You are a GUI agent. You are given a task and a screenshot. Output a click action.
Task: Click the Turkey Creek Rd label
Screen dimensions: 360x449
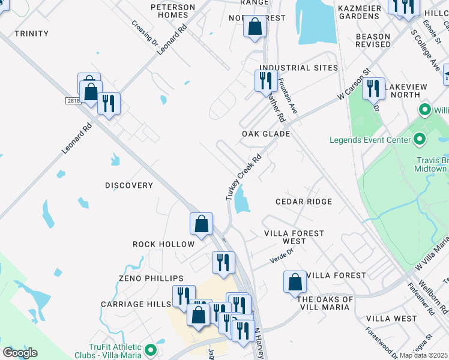pyautogui.click(x=244, y=178)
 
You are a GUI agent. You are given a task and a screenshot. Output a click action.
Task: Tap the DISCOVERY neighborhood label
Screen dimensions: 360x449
pyautogui.click(x=129, y=185)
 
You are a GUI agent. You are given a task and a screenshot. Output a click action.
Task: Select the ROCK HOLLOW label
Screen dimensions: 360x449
pyautogui.click(x=164, y=244)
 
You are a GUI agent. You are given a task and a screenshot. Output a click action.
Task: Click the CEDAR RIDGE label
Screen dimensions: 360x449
pyautogui.click(x=304, y=202)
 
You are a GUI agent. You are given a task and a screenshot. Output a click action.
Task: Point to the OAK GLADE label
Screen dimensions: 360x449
pyautogui.click(x=266, y=134)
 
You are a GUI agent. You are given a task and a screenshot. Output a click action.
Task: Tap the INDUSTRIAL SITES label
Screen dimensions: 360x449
pyautogui.click(x=298, y=68)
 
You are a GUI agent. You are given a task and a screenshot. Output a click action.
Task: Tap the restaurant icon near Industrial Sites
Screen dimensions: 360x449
pyautogui.click(x=265, y=80)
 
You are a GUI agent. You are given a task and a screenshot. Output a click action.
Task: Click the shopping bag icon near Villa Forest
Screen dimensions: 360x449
pyautogui.click(x=295, y=281)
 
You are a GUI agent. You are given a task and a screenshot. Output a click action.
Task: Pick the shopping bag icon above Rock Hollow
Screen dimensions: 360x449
pyautogui.click(x=202, y=223)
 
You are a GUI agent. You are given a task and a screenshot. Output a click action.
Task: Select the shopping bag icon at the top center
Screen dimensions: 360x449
pyautogui.click(x=255, y=26)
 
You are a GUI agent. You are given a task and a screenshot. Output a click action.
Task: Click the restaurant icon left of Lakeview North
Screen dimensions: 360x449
pyautogui.click(x=373, y=88)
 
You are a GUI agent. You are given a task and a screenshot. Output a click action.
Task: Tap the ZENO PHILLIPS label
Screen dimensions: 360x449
pyautogui.click(x=151, y=278)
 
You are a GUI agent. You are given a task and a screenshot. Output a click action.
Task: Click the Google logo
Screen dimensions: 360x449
pyautogui.click(x=20, y=353)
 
